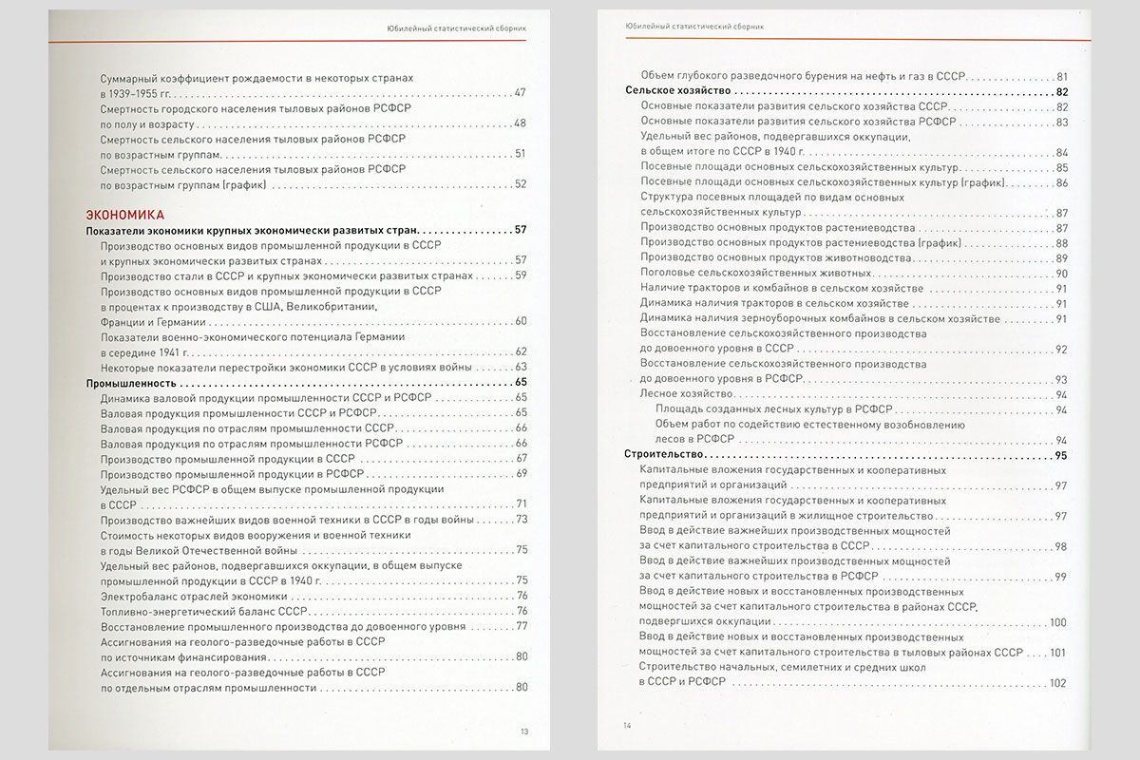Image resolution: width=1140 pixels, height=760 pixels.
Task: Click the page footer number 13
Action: coord(524,731)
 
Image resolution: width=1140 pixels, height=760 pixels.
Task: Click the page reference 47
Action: coord(520,93)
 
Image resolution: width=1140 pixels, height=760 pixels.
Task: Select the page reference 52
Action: coord(520,184)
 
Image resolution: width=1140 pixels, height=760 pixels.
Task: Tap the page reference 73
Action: coord(522,520)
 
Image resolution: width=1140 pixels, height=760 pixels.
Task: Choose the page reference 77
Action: coord(522,626)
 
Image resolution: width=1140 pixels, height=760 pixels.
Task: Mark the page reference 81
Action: coord(1062,76)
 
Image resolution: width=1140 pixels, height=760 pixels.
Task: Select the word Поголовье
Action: coord(670,274)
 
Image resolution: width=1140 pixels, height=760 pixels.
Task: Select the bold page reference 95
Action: coord(1061,456)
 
